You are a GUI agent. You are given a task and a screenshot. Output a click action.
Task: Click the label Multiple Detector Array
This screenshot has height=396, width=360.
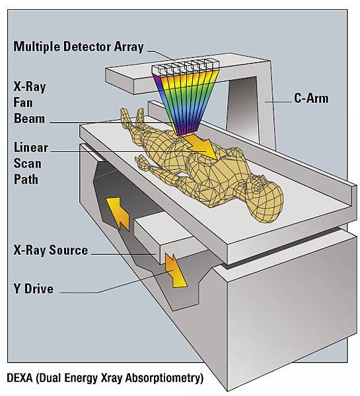pos(79,47)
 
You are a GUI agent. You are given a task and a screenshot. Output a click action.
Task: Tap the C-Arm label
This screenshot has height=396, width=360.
pos(311,98)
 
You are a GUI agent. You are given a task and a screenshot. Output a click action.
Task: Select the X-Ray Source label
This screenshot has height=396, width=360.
pos(51,250)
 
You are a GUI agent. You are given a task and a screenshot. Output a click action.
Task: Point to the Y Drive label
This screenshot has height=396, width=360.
pos(34,288)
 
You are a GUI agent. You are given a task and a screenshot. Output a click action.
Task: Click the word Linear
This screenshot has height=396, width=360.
pos(30,148)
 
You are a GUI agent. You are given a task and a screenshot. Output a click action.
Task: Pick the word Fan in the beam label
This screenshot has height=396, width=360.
pos(23,103)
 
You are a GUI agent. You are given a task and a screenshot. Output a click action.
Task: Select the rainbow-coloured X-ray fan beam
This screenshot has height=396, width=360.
pos(186,101)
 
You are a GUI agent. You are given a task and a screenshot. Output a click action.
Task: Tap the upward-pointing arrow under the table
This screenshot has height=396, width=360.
pos(118,213)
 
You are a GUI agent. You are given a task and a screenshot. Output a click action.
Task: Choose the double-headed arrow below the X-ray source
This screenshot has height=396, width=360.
pos(175,271)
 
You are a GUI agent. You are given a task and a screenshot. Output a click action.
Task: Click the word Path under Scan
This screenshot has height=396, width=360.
pos(26,180)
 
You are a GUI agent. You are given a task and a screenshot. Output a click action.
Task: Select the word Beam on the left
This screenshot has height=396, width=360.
pos(29,119)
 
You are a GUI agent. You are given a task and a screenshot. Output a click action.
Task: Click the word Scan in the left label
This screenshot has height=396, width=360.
pos(28,164)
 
